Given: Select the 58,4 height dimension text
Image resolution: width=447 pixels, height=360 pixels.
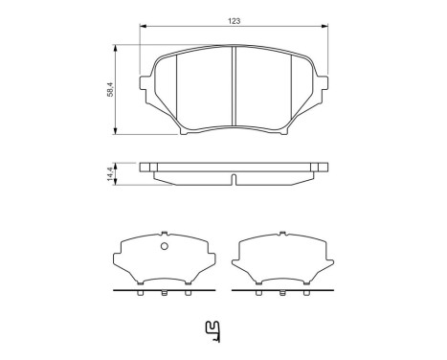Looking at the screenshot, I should click(x=110, y=88).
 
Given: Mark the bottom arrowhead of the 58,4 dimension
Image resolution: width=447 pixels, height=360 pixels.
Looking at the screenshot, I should click(x=117, y=131).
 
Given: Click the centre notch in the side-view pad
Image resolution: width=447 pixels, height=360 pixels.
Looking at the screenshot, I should click(x=235, y=178).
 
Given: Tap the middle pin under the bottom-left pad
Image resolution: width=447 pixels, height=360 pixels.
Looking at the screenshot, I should click(x=163, y=293).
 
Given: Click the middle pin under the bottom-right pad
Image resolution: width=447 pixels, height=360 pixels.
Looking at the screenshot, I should click(x=281, y=293).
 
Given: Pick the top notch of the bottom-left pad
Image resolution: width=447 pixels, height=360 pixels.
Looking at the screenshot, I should click(x=163, y=236).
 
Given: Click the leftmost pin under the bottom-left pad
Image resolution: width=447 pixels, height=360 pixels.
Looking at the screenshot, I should click(x=141, y=293).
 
